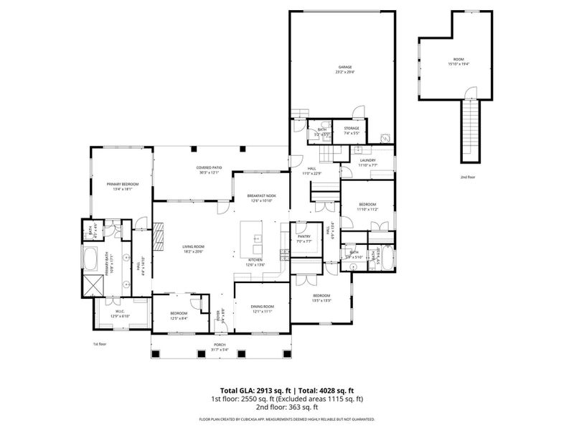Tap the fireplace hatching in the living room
point(160,234)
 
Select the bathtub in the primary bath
point(92,257)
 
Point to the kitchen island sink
point(256,238)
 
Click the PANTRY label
point(303,236)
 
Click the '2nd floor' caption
point(469,177)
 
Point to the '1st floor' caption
point(100,344)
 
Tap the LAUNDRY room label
point(368,162)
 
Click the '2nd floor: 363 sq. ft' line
point(286,407)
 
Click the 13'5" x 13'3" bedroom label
point(321,297)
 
